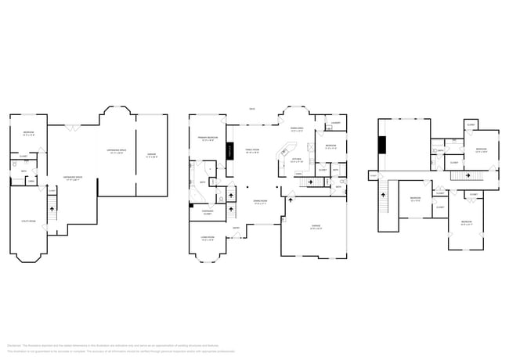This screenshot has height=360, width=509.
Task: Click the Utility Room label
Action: coord(28,222)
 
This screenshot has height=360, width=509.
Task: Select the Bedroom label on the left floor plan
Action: coord(27,132)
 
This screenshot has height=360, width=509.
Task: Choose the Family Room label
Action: coord(251,150)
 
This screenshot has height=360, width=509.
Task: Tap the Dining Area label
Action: coord(298,129)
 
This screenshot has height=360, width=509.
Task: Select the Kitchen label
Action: coord(298,160)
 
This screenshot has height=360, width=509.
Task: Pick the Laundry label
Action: coord(335,123)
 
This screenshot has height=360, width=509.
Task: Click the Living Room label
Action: coord(208,239)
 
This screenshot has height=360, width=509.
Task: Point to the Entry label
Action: coord(235,228)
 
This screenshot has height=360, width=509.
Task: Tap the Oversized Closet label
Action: coord(208,212)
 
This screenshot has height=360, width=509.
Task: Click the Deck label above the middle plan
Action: coord(251,109)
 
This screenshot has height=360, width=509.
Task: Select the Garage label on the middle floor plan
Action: coord(315,227)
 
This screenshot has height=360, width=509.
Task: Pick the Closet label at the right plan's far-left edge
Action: coord(373,175)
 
